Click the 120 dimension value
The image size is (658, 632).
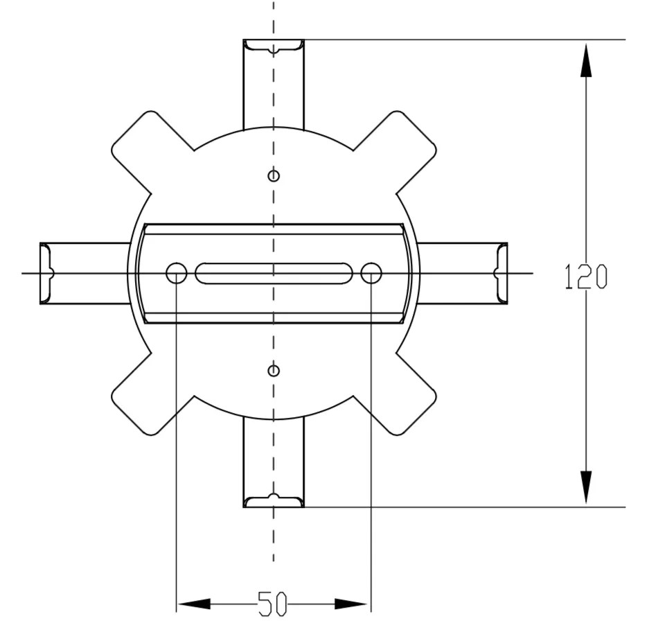coord(585,276)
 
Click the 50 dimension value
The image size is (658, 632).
coord(272,604)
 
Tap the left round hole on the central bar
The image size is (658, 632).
coord(177,274)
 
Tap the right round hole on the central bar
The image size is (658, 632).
coord(371,274)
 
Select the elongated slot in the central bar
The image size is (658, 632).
coord(274,274)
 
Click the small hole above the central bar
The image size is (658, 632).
coord(274,176)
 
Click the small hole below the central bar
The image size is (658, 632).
coord(274,371)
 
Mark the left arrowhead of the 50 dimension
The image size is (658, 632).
coord(194,604)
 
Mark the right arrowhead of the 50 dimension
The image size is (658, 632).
coord(353,604)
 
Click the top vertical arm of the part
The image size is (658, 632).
coord(274,87)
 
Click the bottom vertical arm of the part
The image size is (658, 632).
coord(274,461)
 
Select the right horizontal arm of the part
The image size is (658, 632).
coord(461,274)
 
